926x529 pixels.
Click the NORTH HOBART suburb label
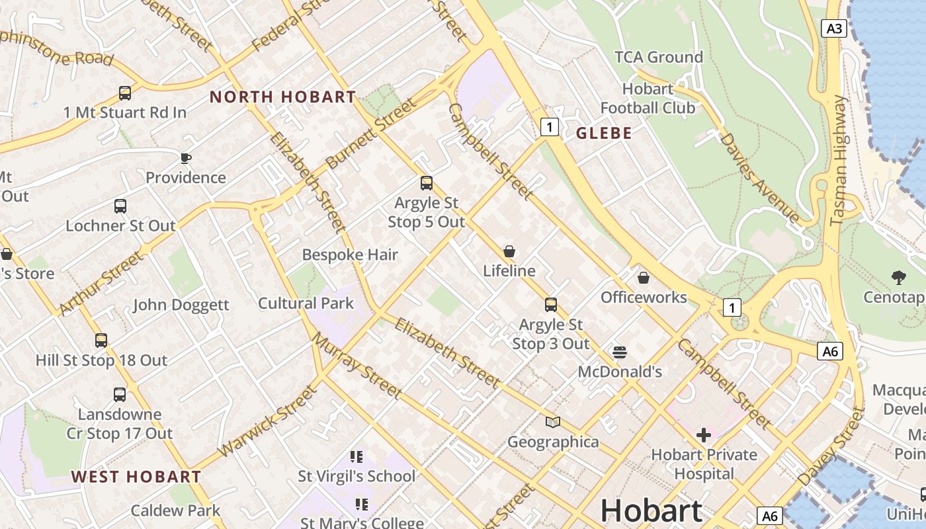pyautogui.click(x=282, y=97)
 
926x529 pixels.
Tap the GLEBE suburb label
pyautogui.click(x=604, y=133)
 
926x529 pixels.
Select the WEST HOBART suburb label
pyautogui.click(x=136, y=477)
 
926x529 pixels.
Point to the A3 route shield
pyautogui.click(x=835, y=28)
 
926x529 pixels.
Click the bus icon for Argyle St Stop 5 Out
pyautogui.click(x=427, y=183)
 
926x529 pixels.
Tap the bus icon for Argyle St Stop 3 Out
pyautogui.click(x=551, y=305)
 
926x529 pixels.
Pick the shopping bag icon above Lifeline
pyautogui.click(x=509, y=251)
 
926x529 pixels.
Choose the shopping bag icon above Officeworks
pyautogui.click(x=644, y=278)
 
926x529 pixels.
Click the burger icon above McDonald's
pyautogui.click(x=620, y=352)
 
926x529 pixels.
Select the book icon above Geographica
pyautogui.click(x=553, y=422)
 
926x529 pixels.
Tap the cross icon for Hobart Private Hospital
pyautogui.click(x=704, y=435)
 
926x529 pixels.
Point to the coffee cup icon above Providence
pyautogui.click(x=186, y=158)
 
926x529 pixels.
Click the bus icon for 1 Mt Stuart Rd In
pyautogui.click(x=125, y=93)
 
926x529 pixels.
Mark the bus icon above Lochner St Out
pyautogui.click(x=120, y=206)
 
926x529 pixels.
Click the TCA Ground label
pyautogui.click(x=658, y=58)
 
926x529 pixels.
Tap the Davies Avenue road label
pyautogui.click(x=759, y=177)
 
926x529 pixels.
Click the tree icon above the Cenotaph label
pyautogui.click(x=898, y=278)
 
